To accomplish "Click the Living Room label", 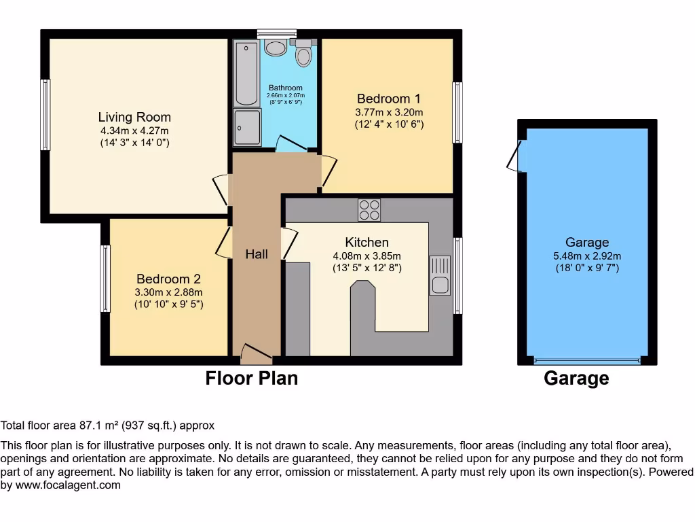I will tap(134, 117).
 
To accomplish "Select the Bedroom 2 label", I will tap(168, 279).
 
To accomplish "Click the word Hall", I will tap(257, 254).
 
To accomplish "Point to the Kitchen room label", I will tap(367, 242).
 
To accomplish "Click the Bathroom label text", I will tap(285, 88).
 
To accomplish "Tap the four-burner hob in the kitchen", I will tap(369, 210).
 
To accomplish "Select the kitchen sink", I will tap(440, 275).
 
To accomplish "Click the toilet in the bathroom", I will tap(303, 52).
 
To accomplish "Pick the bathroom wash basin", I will tap(276, 47).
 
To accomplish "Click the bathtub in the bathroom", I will tap(246, 73).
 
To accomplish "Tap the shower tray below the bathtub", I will tap(247, 128).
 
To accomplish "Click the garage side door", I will tap(516, 156).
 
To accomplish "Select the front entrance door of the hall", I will tap(255, 353).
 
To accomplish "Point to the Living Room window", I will tap(45, 114).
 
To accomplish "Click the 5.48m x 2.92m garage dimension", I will tap(587, 256).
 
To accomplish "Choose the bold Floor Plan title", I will tap(251, 378).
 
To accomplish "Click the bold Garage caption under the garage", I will tap(576, 378).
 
